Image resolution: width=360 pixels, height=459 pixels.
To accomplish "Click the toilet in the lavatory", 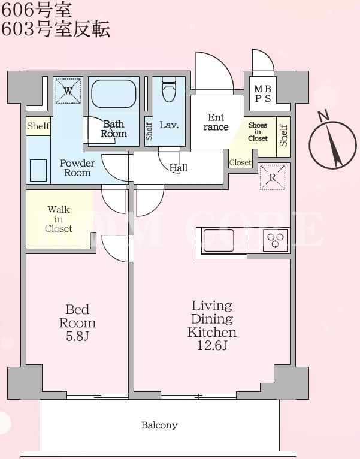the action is point(169,89).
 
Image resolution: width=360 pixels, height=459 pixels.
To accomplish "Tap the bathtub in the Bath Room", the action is point(114,93).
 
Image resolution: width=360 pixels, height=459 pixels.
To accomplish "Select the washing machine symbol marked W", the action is point(68,90).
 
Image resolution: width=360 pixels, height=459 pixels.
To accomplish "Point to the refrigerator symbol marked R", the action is point(272,177).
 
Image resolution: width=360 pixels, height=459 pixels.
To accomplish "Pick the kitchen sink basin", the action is point(219,241).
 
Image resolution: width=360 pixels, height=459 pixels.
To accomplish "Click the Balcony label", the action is point(159,425).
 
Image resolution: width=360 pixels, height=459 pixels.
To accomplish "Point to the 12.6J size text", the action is point(212,346).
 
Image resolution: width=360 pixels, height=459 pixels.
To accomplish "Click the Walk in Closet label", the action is point(59,219).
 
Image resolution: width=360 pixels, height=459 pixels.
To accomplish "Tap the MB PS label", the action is point(262,93).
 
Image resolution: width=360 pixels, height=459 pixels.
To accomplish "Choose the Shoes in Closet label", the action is point(258,131).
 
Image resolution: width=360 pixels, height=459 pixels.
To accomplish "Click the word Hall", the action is point(179,168).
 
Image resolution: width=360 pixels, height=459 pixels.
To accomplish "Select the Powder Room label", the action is point(77,168).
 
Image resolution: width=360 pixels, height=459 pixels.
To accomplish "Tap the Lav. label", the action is point(169,125).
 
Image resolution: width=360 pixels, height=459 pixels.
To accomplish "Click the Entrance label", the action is point(216,122).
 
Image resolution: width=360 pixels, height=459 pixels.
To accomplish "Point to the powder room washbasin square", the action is point(38,170).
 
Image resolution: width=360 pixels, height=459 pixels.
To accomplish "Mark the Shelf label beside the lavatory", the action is point(149,131).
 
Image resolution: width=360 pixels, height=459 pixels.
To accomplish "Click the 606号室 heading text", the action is point(37,10).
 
